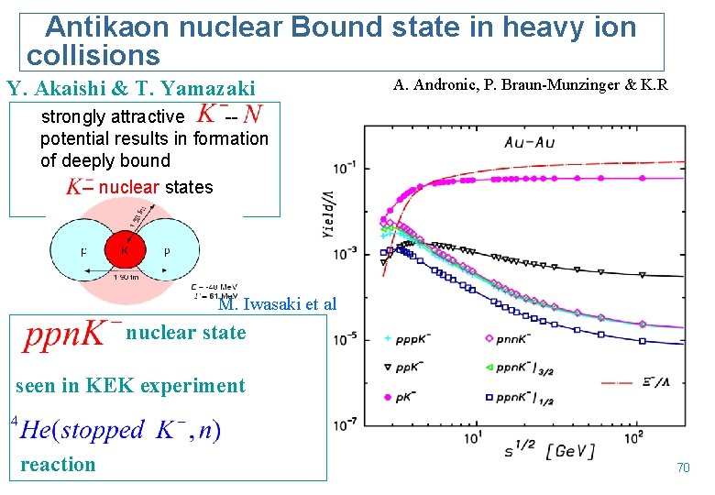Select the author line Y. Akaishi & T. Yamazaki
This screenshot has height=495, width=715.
[131, 89]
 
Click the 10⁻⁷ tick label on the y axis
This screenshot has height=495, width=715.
[346, 425]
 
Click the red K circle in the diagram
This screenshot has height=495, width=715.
[122, 250]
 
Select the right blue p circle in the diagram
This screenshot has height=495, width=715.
[168, 250]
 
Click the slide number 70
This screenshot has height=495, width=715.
[682, 468]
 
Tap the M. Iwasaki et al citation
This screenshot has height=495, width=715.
[277, 305]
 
